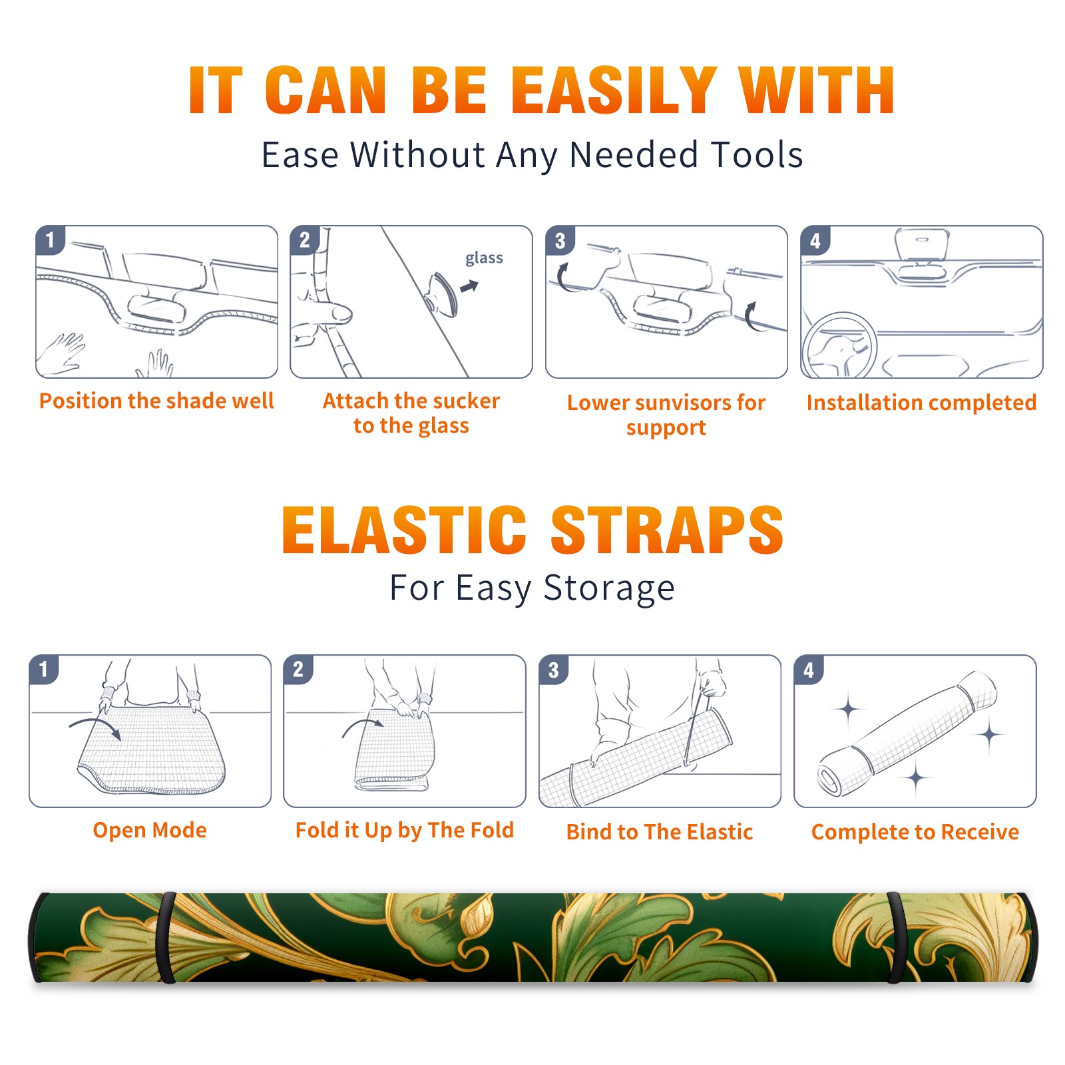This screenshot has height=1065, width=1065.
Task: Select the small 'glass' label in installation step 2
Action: coord(484,258)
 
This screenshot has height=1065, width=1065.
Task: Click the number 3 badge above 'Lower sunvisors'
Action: coord(560,240)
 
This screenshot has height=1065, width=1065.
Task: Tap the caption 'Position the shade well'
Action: coord(156,401)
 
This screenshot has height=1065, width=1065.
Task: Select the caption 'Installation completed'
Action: coord(921,402)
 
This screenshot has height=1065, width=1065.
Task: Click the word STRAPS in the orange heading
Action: coord(667,530)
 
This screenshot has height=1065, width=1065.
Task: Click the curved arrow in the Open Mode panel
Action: coord(95,726)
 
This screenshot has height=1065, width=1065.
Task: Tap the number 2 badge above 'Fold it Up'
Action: coord(298,669)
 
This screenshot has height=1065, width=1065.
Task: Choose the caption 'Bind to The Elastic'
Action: coord(660,832)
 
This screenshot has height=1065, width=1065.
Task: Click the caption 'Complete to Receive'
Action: coord(915,832)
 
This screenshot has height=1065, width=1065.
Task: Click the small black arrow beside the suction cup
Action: coord(470,286)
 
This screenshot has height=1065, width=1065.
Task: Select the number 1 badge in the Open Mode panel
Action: coord(44,669)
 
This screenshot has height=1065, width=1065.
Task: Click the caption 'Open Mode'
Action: coord(150,830)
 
